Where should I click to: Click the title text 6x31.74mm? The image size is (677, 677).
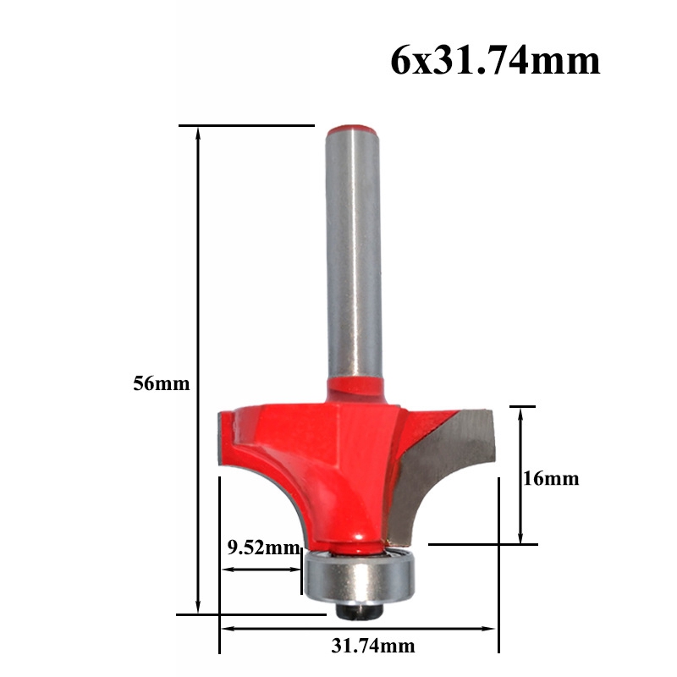pyautogui.click(x=495, y=62)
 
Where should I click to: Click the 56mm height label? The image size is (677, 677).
pyautogui.click(x=161, y=383)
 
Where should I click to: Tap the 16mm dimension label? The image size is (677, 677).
pyautogui.click(x=551, y=479)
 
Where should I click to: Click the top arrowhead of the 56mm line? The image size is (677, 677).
pyautogui.click(x=199, y=133)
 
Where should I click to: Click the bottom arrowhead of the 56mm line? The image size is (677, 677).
pyautogui.click(x=199, y=608)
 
